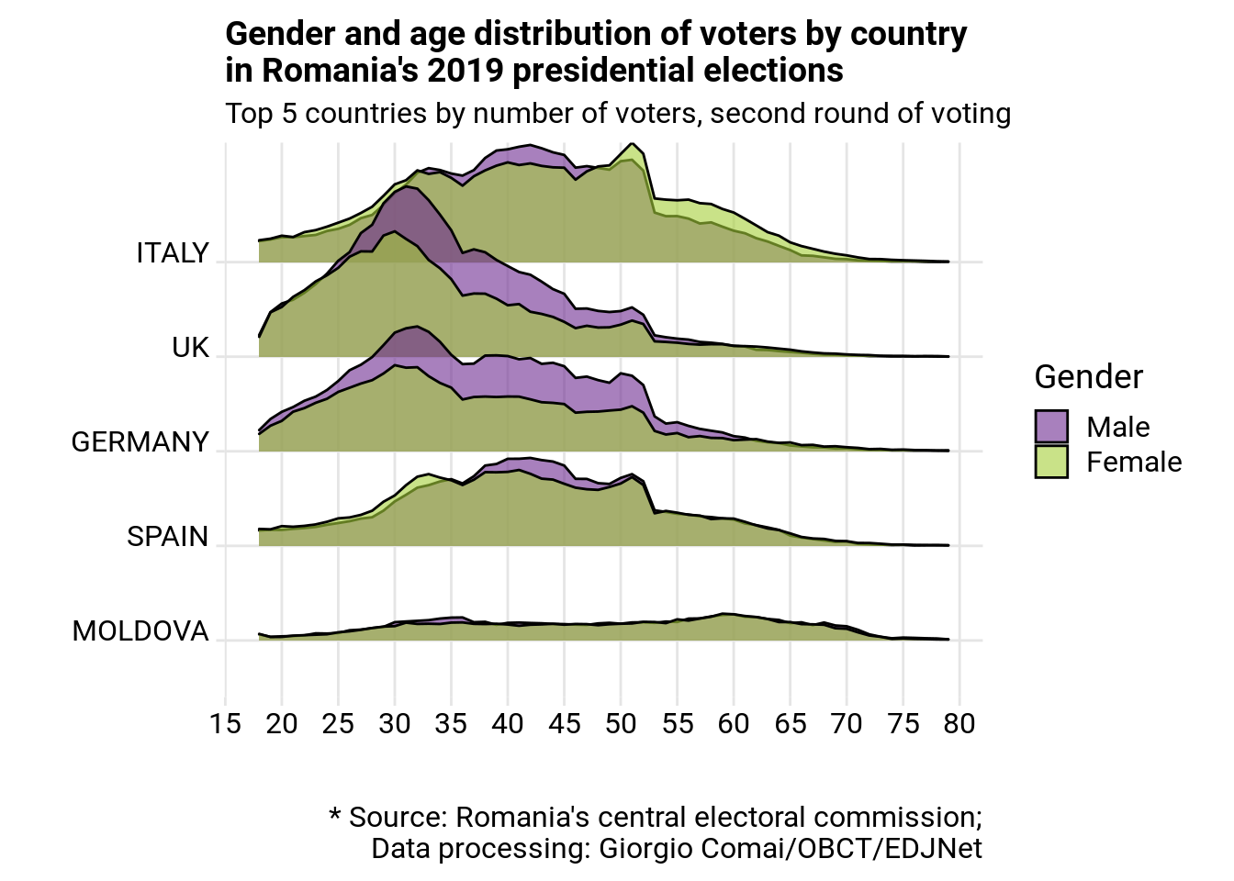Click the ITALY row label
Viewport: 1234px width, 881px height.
tap(173, 253)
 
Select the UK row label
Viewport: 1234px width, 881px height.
tap(191, 348)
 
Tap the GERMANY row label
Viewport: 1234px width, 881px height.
tap(140, 442)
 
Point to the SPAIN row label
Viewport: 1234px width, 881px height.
tap(168, 537)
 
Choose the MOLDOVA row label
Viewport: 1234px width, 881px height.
tap(140, 631)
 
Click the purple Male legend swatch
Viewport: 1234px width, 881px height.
tap(1051, 427)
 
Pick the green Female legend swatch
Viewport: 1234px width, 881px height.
tap(1051, 462)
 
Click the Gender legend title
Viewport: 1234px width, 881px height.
tap(1088, 377)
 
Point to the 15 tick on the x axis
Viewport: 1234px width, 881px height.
tap(225, 724)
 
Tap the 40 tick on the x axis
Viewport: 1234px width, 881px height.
tap(508, 724)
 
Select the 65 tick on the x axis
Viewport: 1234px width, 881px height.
tap(791, 724)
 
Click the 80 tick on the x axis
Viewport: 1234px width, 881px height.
tap(959, 724)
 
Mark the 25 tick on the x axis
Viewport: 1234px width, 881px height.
tap(338, 724)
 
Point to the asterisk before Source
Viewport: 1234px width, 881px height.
tap(335, 816)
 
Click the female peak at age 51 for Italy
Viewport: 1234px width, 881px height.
tap(632, 144)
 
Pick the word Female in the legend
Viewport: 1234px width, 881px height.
tap(1134, 462)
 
